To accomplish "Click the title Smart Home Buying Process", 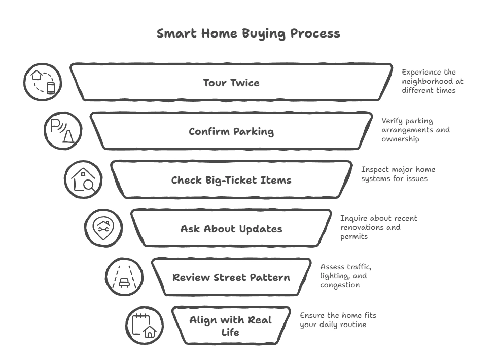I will pos(248,34).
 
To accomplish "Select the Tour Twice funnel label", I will pos(231,83).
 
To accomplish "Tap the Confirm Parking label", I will pos(231,131).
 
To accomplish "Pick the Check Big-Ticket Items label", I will pos(231,180).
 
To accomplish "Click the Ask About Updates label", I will pos(231,229).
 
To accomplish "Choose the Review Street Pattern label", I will pos(231,277).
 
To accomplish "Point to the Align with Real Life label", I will pos(231,326).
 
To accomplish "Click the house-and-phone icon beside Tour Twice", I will pos(43,82).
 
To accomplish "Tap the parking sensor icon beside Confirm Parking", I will pos(63,131).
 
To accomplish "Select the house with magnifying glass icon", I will pos(83,180).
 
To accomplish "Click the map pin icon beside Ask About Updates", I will pos(103,228).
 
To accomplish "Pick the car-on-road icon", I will pos(124,277).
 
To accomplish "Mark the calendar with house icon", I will pos(144,326).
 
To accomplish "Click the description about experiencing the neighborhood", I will pos(432,81).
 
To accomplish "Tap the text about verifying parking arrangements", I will pos(415,130).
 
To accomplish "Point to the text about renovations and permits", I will pos(378,227).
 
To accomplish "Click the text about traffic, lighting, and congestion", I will pos(345,276).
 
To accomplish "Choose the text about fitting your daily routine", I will pos(338,320).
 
